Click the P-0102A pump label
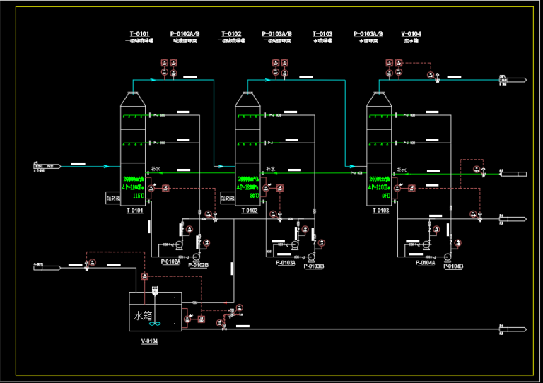[x=170, y=261]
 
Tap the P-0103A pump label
[x=286, y=262]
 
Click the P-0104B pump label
[x=452, y=266]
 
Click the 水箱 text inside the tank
[x=143, y=316]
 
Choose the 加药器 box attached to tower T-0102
[x=227, y=199]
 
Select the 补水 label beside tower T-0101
[x=156, y=169]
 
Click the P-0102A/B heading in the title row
[x=185, y=34]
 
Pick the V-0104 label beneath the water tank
[x=149, y=341]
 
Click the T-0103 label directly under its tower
[x=380, y=211]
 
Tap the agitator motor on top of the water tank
[x=156, y=289]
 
